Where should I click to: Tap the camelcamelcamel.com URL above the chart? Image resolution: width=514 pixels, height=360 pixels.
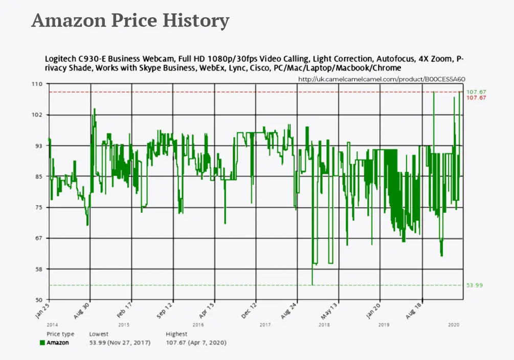382,79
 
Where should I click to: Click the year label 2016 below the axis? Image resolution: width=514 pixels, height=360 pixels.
197,325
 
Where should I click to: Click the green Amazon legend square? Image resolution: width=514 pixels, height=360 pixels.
42,343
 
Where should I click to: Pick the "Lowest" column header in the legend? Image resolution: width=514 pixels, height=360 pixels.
99,334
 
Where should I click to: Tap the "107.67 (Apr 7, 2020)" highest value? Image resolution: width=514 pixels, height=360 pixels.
196,343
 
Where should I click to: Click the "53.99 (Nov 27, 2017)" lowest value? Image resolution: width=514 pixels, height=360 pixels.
120,343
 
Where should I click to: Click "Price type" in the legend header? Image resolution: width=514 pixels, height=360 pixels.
60,334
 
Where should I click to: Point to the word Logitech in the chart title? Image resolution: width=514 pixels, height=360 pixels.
61,59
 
